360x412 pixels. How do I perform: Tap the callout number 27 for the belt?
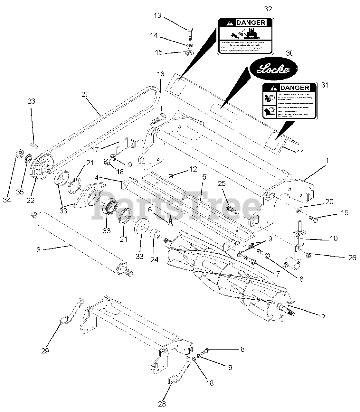pyautogui.click(x=85, y=94)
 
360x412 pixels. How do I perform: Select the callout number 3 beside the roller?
pyautogui.click(x=38, y=249)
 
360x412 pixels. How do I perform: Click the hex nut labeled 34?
pyautogui.click(x=19, y=155)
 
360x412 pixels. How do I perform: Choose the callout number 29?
pyautogui.click(x=45, y=351)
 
